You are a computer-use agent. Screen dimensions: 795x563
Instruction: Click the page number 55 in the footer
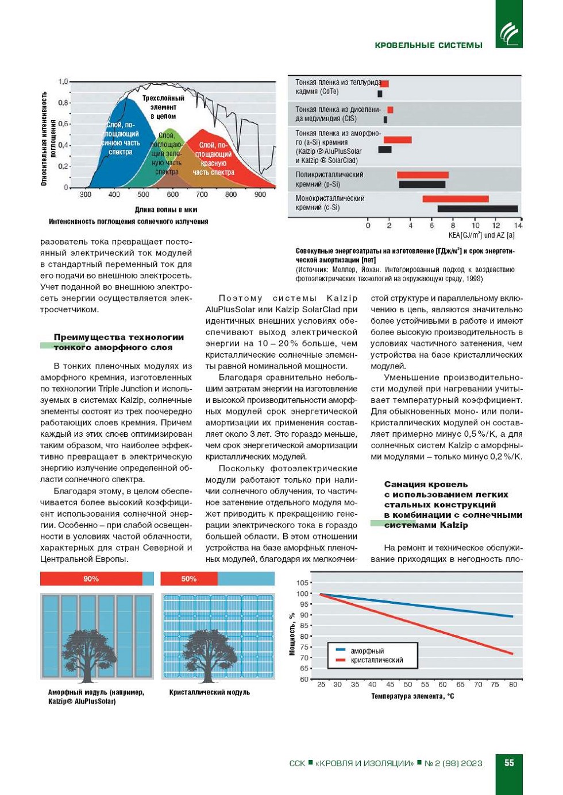click(509, 763)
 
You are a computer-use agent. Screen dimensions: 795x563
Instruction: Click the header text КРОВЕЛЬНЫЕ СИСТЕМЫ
click(428, 45)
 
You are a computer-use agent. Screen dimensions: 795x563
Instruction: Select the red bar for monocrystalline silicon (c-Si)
click(456, 199)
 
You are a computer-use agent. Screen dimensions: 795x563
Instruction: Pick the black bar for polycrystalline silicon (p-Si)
click(422, 185)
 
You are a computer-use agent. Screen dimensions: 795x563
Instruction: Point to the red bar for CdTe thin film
click(384, 84)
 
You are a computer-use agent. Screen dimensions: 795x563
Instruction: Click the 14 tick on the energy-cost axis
click(518, 226)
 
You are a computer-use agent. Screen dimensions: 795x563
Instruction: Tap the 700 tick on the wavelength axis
click(202, 195)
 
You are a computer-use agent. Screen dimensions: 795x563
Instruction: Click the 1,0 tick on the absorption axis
click(63, 82)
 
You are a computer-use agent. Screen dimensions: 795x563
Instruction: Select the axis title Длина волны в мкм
click(166, 210)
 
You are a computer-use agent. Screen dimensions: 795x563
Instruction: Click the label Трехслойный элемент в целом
click(163, 107)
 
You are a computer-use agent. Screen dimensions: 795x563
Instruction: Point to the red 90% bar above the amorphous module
click(91, 579)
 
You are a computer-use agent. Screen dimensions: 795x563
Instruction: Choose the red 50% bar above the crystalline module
click(189, 579)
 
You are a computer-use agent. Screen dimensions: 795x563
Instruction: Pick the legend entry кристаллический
click(376, 660)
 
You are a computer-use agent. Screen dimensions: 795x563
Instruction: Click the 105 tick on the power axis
click(302, 583)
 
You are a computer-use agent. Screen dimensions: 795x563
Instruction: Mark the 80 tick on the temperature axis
click(513, 684)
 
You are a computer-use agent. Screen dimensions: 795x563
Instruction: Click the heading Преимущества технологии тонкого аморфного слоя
click(119, 342)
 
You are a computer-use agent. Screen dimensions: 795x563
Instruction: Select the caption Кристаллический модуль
click(210, 692)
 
